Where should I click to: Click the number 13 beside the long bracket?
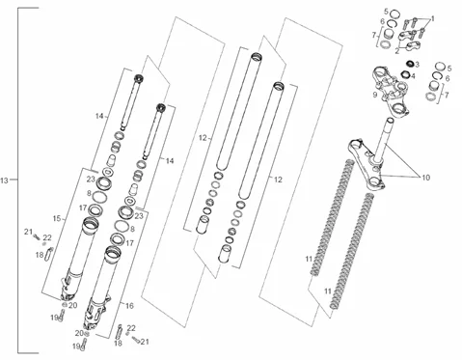click(x=4, y=180)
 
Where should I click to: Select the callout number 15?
click(x=57, y=219)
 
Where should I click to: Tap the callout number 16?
click(x=129, y=306)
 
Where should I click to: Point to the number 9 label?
click(x=375, y=95)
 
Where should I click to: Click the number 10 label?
click(x=426, y=178)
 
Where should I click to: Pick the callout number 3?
click(x=418, y=65)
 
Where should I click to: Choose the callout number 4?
click(x=413, y=76)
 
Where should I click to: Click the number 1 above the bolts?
click(x=432, y=19)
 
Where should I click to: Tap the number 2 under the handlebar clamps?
click(x=397, y=51)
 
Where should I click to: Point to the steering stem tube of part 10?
click(x=386, y=138)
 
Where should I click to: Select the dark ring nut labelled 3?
click(x=410, y=64)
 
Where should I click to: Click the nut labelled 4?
click(x=405, y=74)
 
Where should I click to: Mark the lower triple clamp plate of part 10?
click(x=367, y=164)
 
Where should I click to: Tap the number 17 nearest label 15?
click(x=83, y=208)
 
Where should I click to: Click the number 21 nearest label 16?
click(x=145, y=342)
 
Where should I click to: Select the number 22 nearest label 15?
click(x=47, y=237)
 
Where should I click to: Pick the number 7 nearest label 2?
click(x=374, y=35)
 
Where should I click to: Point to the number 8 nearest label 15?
click(x=89, y=193)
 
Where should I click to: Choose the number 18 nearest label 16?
click(x=118, y=344)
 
